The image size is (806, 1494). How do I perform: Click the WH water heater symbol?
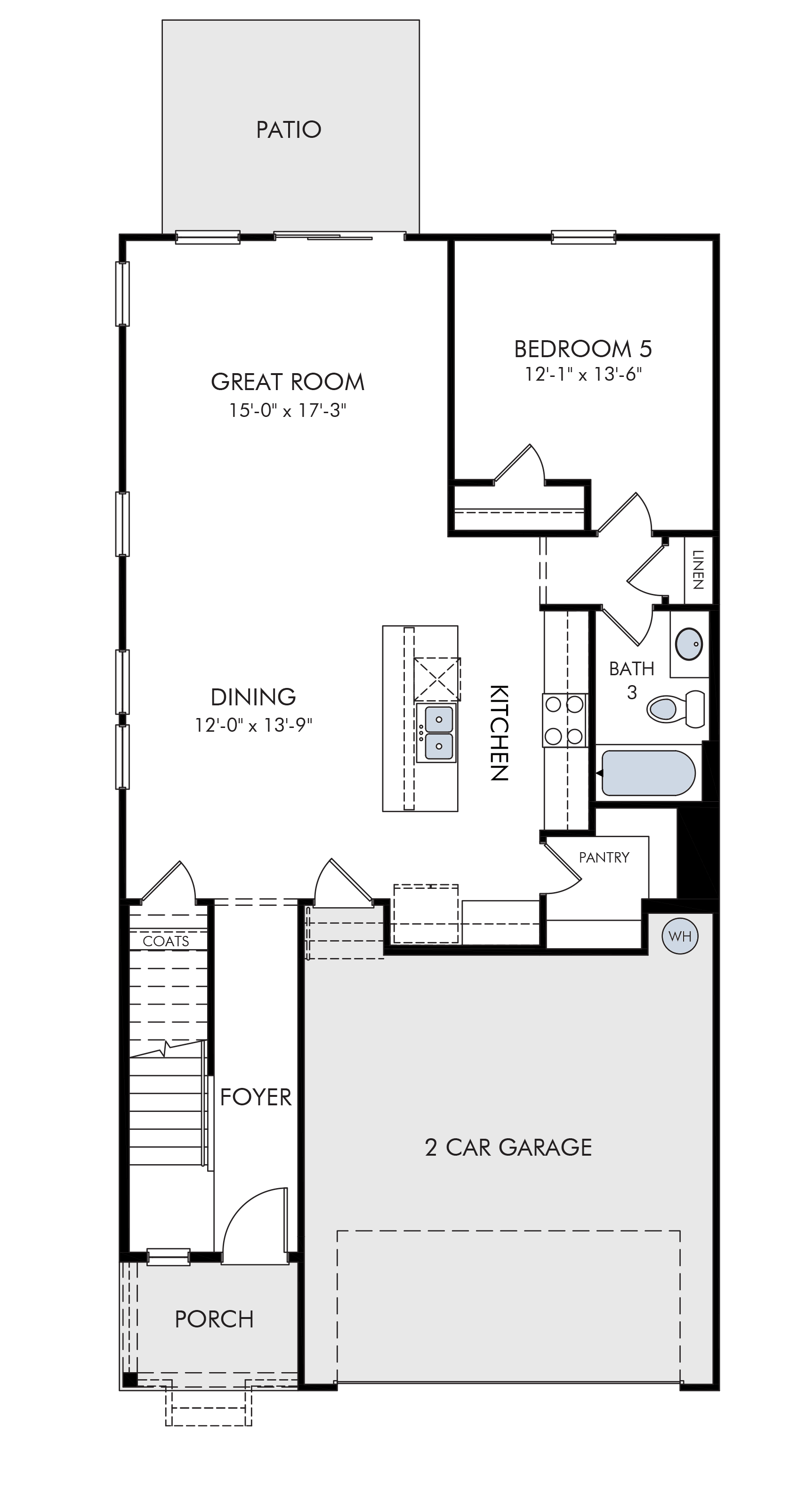click(679, 936)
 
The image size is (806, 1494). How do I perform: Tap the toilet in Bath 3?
click(676, 709)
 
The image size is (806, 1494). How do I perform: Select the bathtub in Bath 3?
click(648, 773)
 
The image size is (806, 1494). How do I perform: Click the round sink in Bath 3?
click(689, 643)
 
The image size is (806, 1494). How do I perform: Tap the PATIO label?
click(289, 129)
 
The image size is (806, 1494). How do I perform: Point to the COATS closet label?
click(166, 941)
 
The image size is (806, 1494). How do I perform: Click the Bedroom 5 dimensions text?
click(583, 375)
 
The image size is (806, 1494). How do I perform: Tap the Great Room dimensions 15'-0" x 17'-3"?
click(288, 411)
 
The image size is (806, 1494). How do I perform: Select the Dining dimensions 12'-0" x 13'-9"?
click(254, 725)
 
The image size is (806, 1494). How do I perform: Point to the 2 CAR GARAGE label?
click(508, 1147)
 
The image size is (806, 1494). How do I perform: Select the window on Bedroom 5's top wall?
click(583, 237)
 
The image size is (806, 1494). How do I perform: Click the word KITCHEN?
click(500, 733)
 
